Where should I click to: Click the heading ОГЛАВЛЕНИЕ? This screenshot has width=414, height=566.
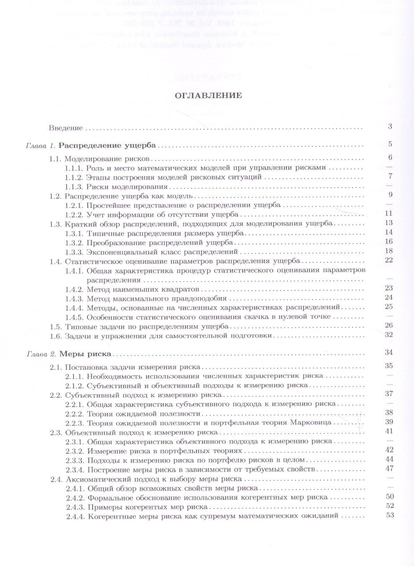coord(208,95)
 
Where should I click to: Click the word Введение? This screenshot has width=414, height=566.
coord(66,128)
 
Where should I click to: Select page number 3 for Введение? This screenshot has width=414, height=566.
coord(390,126)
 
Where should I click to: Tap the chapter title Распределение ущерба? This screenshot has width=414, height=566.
coord(107,146)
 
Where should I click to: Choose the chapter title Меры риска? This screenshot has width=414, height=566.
coord(85,354)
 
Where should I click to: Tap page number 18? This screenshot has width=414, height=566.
coord(389,251)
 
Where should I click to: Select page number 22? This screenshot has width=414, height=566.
coord(389,260)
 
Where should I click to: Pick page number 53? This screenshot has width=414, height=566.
coord(390,515)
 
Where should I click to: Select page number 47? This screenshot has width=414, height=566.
coord(390,468)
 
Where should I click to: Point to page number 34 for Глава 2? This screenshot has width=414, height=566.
coord(389,352)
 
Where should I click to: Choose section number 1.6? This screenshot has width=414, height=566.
coord(55,336)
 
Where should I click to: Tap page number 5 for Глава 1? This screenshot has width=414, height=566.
coord(390,144)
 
